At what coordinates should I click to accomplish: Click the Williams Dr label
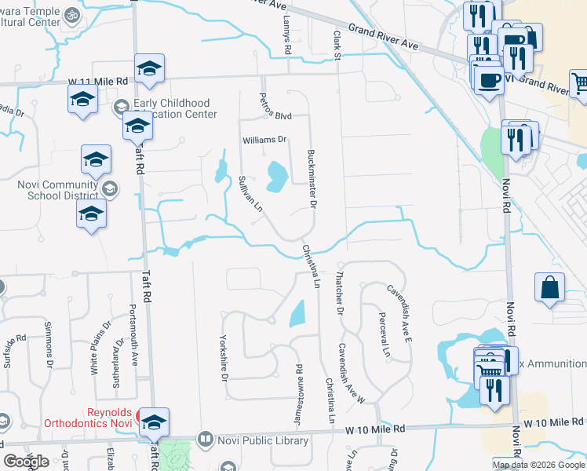(x=265, y=141)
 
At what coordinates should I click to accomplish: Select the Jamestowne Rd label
(x=298, y=396)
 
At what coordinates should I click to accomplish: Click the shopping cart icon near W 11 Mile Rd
(x=580, y=82)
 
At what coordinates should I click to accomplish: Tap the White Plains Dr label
(x=97, y=352)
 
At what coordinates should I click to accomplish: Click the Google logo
(x=27, y=462)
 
